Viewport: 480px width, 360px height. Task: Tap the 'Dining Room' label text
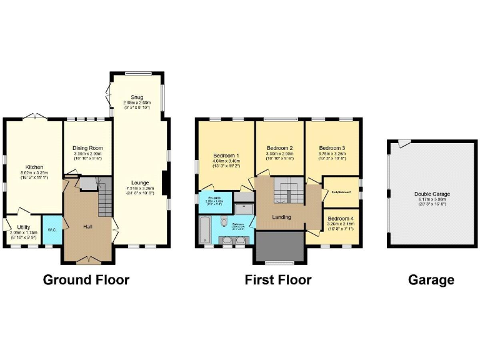87,148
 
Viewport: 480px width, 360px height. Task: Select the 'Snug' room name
137,97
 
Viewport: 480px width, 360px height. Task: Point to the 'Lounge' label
140,182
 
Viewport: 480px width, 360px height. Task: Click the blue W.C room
52,230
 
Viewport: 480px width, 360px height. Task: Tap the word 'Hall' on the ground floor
88,226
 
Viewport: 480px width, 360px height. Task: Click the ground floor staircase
104,194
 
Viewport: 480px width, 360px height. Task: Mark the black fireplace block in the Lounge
164,182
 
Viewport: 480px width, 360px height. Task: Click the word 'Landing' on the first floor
281,217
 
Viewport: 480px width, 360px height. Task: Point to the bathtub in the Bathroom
205,230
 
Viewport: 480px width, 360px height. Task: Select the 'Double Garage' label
431,194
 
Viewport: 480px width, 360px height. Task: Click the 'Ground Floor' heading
86,279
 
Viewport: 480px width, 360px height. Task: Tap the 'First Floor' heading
278,279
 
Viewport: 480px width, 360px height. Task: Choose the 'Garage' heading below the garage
431,279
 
